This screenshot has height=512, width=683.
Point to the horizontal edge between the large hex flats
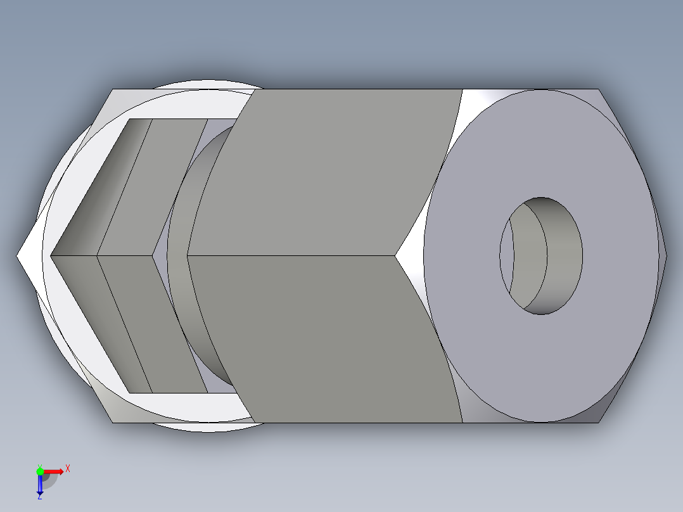point(291,255)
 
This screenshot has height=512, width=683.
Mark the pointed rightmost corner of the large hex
point(665,255)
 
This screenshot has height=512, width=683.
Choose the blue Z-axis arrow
point(40,485)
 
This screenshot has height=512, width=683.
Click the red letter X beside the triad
point(67,469)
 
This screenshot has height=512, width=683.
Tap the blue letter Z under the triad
point(39,497)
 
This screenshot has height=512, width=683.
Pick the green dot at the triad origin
point(40,471)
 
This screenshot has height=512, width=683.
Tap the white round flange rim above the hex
point(209,85)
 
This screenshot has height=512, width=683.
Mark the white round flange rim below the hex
point(209,426)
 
